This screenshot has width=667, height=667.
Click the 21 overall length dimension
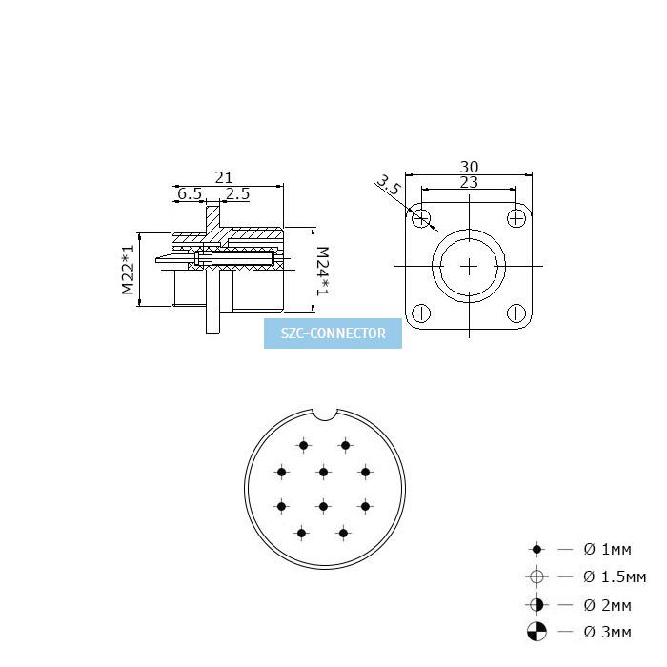click(223, 177)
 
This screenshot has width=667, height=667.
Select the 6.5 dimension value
click(190, 194)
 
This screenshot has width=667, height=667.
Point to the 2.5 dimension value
click(237, 194)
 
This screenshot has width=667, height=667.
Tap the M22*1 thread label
click(128, 270)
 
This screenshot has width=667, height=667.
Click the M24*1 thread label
click(323, 272)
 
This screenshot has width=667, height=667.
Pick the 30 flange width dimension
click(469, 167)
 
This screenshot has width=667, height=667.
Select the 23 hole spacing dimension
click(469, 182)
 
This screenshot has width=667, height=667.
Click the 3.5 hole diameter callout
click(389, 185)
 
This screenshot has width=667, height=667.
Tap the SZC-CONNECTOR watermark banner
click(333, 333)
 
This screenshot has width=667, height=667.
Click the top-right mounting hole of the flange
click(516, 218)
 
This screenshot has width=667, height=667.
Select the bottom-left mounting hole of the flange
click(421, 313)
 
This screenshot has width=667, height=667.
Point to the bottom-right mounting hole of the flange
click(516, 313)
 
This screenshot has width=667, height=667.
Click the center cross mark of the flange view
click(469, 266)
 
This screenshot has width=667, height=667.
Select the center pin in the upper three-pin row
click(323, 472)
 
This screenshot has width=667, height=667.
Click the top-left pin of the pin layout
click(303, 445)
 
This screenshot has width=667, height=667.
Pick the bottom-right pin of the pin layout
click(343, 533)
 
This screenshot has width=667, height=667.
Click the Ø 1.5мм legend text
click(615, 576)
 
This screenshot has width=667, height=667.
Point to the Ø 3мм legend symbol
click(536, 631)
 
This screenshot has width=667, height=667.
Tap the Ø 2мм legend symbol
click(536, 604)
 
